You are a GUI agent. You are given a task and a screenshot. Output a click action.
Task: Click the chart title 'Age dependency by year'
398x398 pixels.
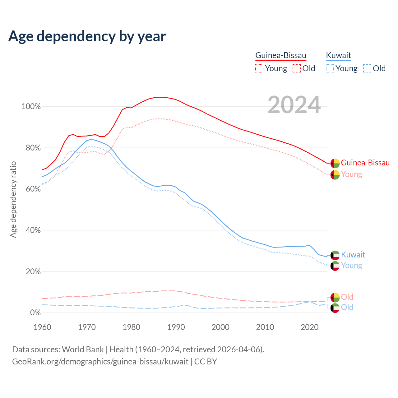[87, 36]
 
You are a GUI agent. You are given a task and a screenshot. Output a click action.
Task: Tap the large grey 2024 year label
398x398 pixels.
[294, 105]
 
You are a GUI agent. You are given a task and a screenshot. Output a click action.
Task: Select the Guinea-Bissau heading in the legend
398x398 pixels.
[281, 56]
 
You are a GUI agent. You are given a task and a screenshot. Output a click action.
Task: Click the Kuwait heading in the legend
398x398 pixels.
[338, 56]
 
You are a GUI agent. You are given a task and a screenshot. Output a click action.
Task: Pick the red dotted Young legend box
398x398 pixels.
[259, 68]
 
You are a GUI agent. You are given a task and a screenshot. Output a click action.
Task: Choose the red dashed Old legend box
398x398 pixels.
[297, 68]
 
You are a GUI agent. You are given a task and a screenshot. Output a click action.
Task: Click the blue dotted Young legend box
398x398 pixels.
[330, 68]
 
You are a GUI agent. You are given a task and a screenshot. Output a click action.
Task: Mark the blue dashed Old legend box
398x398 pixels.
[367, 68]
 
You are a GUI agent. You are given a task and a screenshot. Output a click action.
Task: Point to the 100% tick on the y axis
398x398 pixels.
[31, 107]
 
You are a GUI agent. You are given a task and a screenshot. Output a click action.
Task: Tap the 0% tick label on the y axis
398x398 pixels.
[35, 312]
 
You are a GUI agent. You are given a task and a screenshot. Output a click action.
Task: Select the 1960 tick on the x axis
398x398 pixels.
[42, 327]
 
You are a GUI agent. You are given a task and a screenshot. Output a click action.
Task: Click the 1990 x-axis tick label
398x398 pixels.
[176, 327]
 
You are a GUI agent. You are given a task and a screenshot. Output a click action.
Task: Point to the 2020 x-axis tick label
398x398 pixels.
[310, 327]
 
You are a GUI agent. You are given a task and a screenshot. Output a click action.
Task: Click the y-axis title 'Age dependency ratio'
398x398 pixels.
[13, 199]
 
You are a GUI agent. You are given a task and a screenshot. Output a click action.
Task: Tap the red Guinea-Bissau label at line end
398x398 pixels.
[365, 163]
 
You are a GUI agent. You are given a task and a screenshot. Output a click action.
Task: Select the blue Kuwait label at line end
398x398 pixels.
[353, 255]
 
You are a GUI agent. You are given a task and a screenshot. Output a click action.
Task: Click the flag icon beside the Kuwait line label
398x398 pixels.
[335, 255]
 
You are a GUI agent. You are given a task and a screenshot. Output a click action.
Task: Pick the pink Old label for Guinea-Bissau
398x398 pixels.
[347, 297]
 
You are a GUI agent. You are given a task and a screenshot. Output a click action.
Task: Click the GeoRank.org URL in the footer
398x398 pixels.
[100, 362]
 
